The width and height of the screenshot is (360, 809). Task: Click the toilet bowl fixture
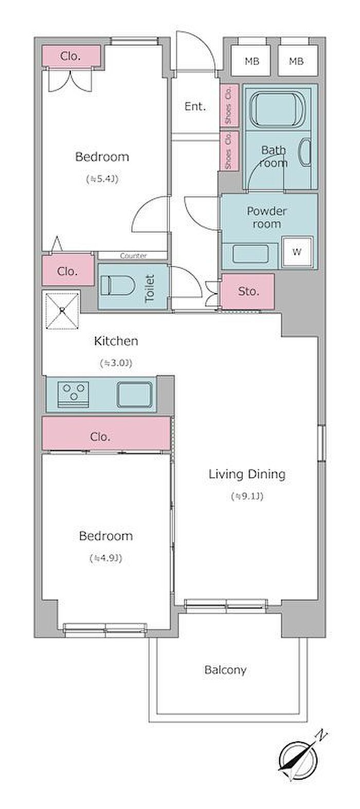(117, 286)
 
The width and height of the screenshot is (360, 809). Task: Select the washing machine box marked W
(297, 251)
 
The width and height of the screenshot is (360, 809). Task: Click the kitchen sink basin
(134, 395)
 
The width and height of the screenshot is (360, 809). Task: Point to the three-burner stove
(74, 394)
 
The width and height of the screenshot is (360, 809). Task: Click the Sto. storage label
(248, 292)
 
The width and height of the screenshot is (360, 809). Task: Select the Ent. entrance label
(195, 106)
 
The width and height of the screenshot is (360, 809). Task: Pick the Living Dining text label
(247, 474)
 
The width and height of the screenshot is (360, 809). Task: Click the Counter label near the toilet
(133, 256)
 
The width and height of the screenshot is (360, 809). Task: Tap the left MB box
(251, 60)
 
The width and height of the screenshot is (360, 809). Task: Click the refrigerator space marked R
(62, 311)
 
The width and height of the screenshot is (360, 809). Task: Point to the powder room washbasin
(250, 254)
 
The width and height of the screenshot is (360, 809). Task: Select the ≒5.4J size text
(102, 179)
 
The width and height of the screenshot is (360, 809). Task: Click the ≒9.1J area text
(247, 496)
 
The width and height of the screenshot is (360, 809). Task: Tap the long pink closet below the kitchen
(106, 434)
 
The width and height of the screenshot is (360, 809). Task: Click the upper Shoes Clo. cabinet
(229, 105)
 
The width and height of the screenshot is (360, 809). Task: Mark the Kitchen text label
(116, 341)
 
